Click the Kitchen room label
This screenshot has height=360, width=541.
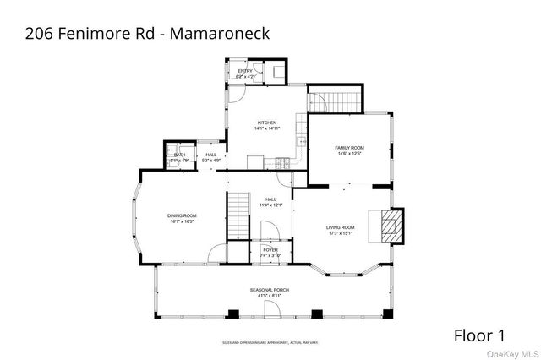coord(267,123)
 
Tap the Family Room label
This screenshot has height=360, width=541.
coord(350,148)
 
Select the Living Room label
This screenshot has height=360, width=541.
coord(342,227)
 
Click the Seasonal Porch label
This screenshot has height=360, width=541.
coord(270,290)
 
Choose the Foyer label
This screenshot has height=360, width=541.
coord(270,250)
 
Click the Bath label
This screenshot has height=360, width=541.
coord(179,155)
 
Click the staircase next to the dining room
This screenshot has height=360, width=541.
coord(241,215)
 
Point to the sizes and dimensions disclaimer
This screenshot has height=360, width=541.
coord(270,342)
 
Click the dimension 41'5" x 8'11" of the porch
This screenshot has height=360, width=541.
coord(270,296)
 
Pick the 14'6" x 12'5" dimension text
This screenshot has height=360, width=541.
coord(350,154)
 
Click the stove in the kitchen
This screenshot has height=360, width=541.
coord(281,161)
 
